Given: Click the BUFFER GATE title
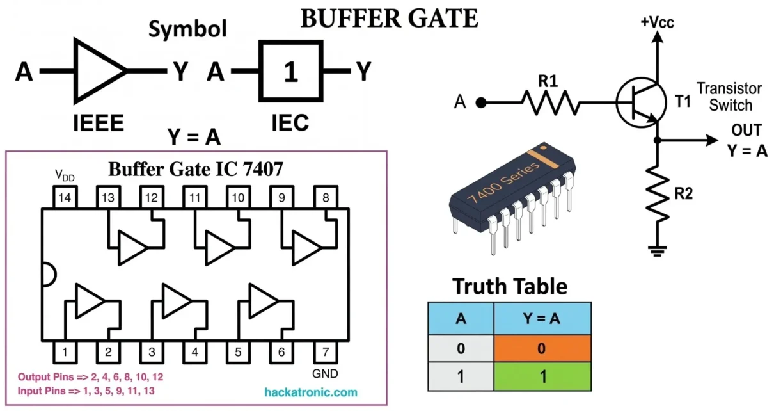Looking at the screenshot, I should click(x=389, y=19).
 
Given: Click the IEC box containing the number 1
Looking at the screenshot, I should click(x=290, y=72).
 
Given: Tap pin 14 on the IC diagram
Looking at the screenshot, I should click(x=64, y=198).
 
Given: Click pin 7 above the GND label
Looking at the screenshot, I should click(x=325, y=351).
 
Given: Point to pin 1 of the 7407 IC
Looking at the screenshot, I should click(x=64, y=351).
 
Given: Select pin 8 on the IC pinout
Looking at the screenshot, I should click(x=325, y=198).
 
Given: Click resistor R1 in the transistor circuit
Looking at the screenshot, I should click(x=551, y=102).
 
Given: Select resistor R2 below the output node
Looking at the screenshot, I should click(x=657, y=193).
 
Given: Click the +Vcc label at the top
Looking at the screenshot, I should click(x=657, y=22).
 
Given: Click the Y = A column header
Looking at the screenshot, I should click(x=542, y=318).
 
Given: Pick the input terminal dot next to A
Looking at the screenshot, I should click(x=481, y=102).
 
